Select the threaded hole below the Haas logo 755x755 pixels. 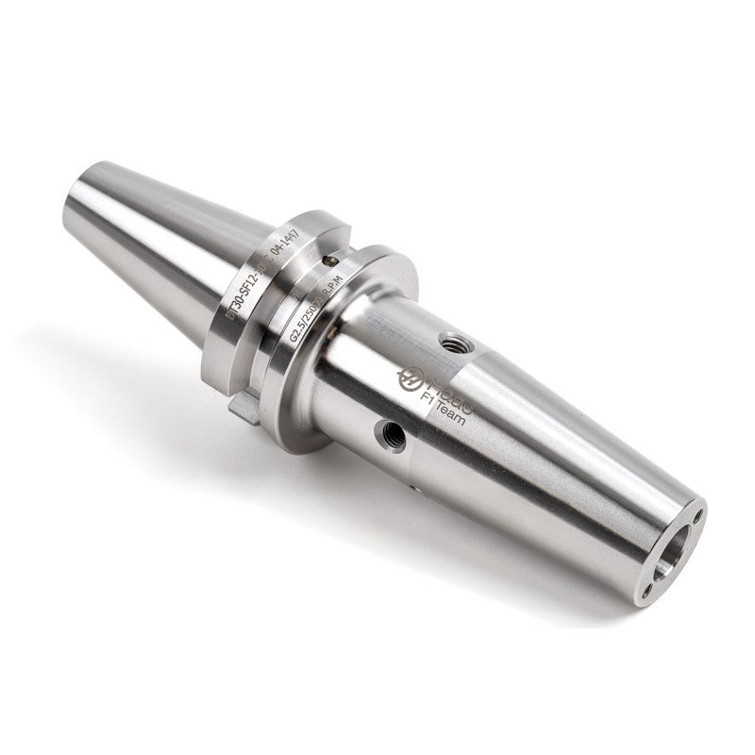pyautogui.click(x=390, y=434)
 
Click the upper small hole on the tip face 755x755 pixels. pyautogui.click(x=696, y=516)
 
